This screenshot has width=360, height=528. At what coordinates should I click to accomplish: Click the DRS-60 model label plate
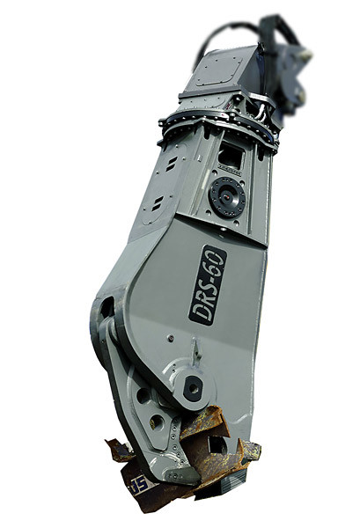pyautogui.click(x=208, y=285)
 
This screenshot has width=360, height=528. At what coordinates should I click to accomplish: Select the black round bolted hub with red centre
pyautogui.click(x=226, y=197)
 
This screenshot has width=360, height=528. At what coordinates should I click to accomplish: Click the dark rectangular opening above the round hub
pyautogui.click(x=231, y=157)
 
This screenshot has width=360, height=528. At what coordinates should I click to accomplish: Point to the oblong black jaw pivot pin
pyautogui.click(x=193, y=388)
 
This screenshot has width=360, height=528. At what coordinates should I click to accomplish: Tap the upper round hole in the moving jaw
pyautogui.click(x=143, y=395)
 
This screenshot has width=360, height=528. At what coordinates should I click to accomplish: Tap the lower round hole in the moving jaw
pyautogui.click(x=157, y=422)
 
